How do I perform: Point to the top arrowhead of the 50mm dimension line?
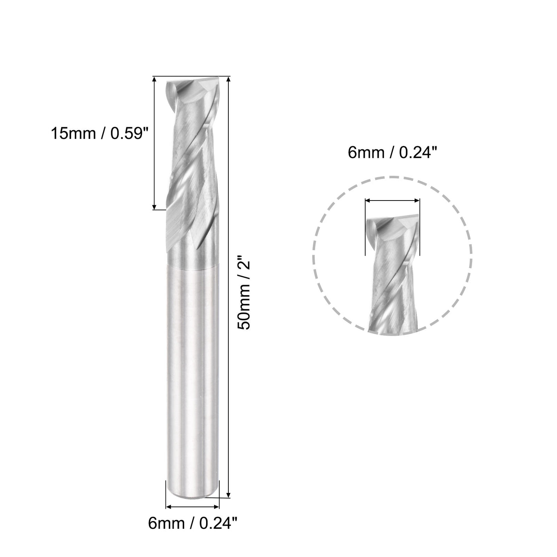(x=228, y=80)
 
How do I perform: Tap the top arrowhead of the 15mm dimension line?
(x=154, y=80)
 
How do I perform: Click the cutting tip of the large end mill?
(x=191, y=86)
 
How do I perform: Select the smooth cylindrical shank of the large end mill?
(x=192, y=378)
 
